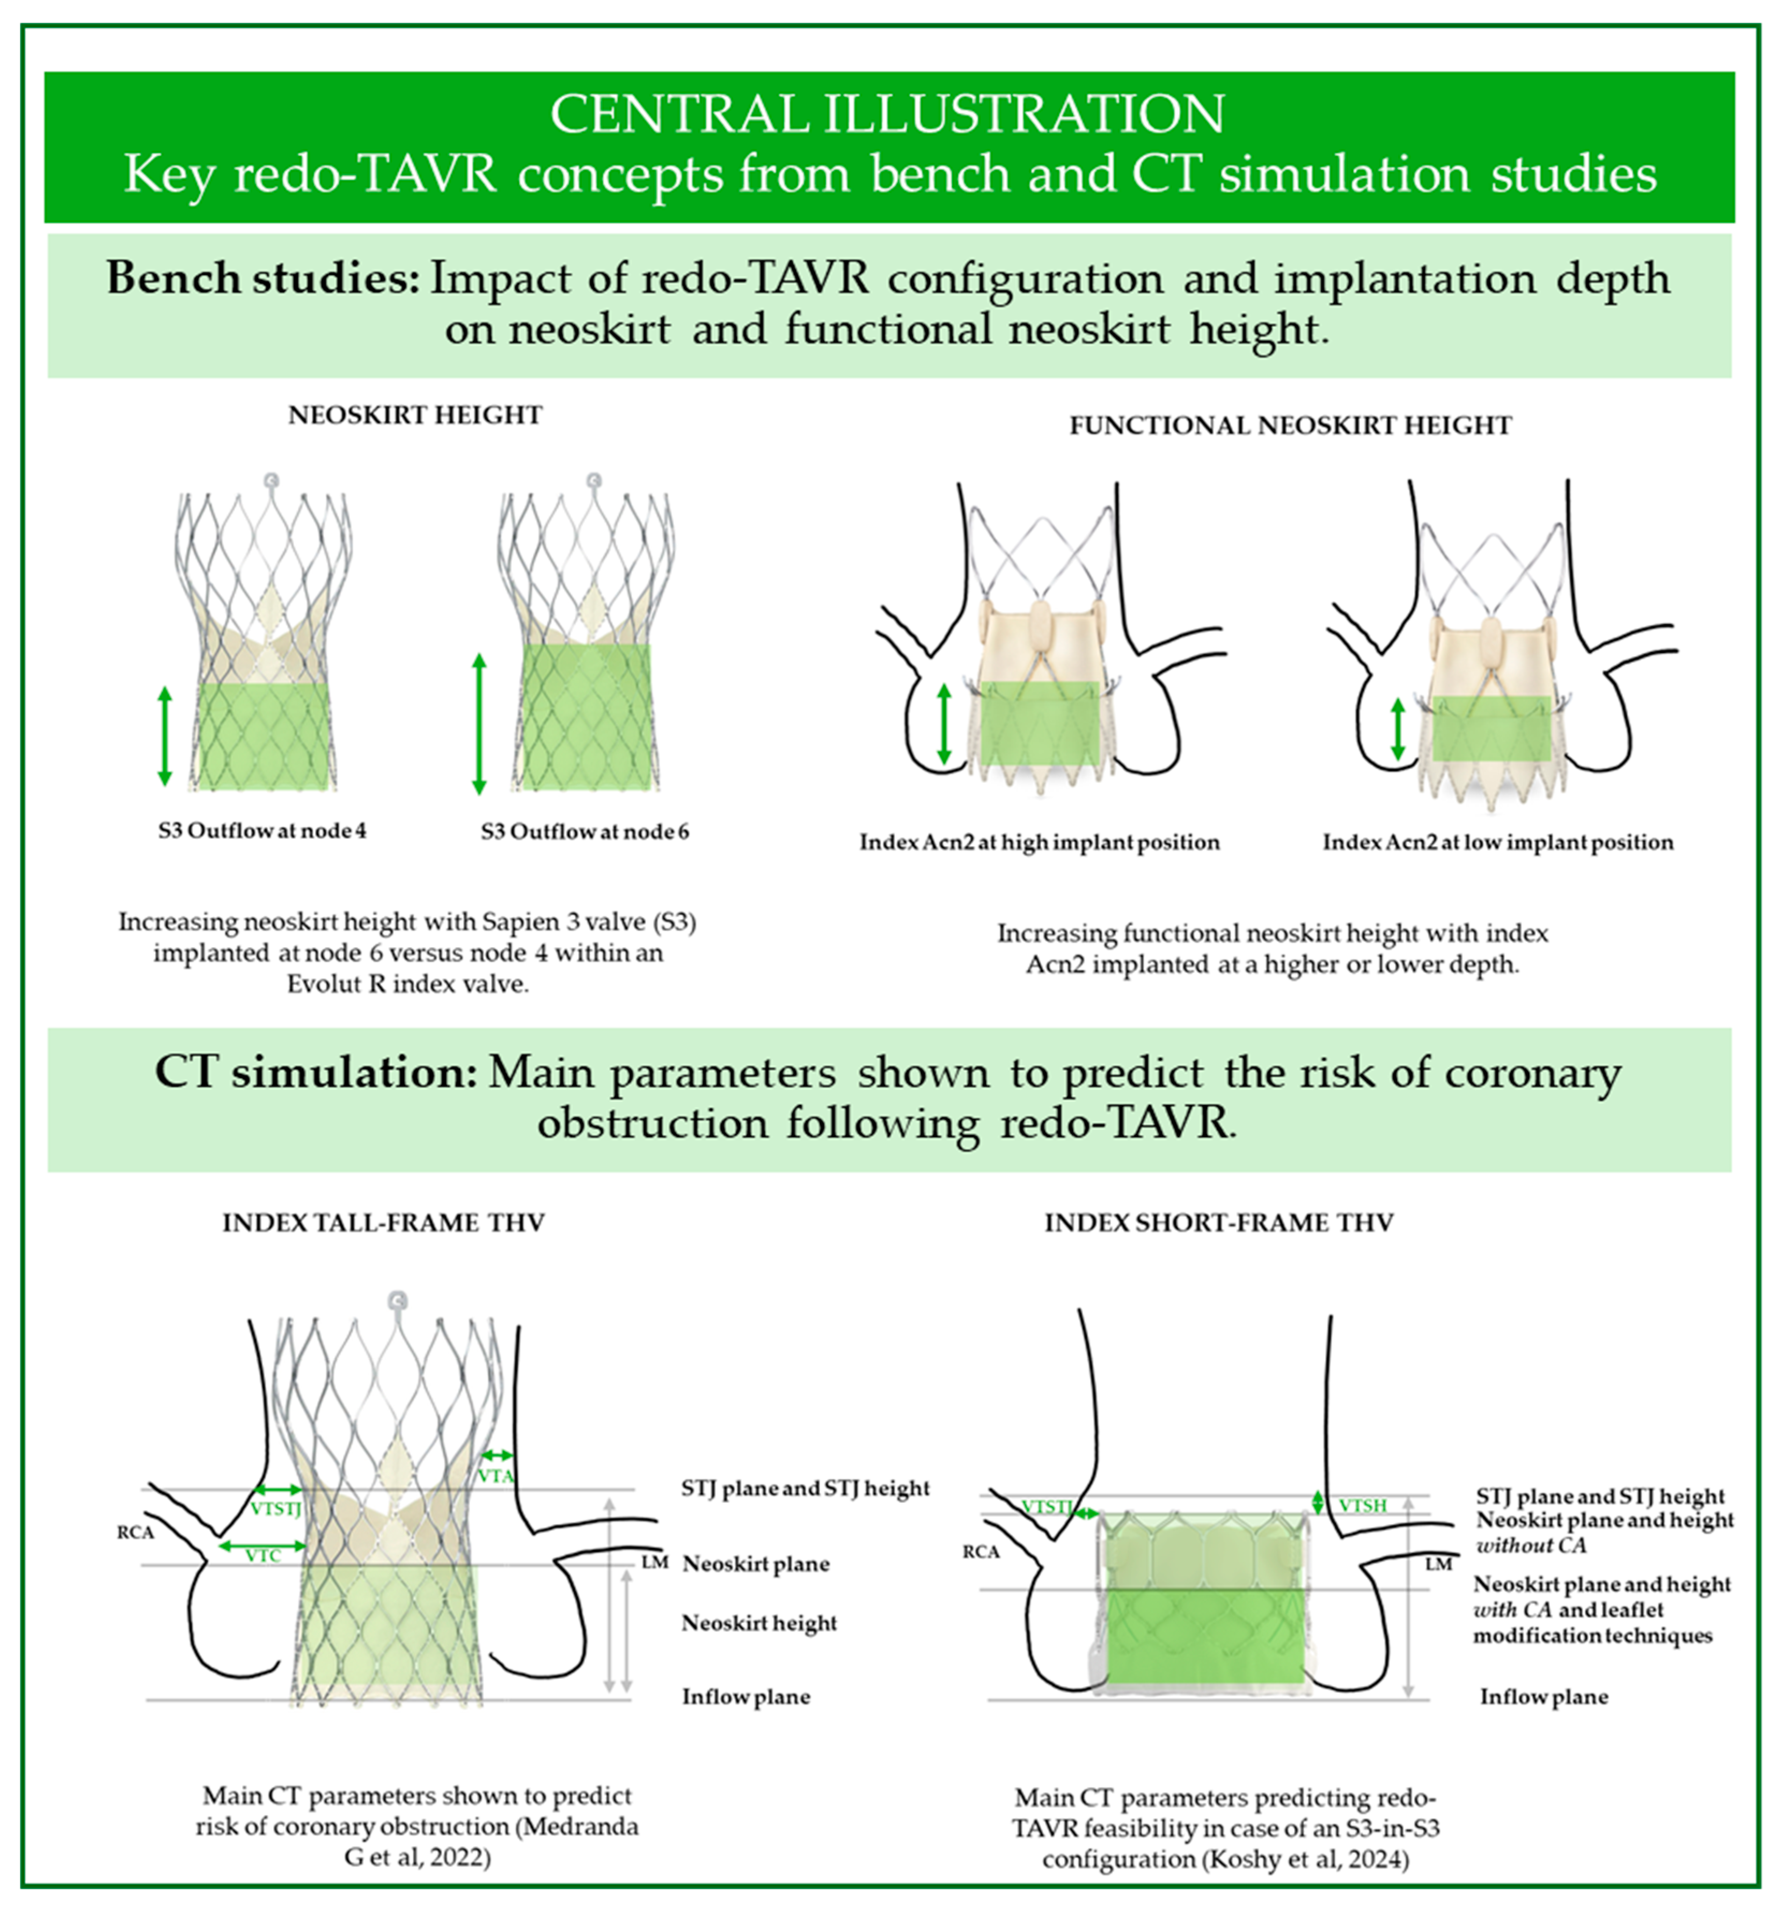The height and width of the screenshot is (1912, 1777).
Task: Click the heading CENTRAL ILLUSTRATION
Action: click(888, 114)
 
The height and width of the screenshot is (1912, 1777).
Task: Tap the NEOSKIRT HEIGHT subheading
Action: click(415, 415)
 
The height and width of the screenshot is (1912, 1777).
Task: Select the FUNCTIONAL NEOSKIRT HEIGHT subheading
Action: click(1290, 426)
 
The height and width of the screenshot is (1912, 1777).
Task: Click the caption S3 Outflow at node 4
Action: click(262, 831)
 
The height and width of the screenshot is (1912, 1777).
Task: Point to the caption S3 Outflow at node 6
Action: click(584, 832)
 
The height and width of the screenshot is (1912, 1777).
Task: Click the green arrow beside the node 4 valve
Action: click(165, 736)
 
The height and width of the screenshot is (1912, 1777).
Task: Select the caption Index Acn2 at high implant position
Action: click(1040, 843)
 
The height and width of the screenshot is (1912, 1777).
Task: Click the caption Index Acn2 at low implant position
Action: click(1498, 843)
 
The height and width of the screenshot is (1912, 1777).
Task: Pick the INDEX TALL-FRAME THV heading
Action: click(384, 1223)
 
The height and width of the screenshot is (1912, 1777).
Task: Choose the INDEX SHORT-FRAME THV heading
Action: click(1219, 1223)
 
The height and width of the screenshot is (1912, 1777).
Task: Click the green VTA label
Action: click(496, 1476)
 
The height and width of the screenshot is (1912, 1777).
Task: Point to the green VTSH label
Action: click(1362, 1505)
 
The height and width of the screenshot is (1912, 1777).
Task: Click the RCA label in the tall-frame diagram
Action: click(136, 1532)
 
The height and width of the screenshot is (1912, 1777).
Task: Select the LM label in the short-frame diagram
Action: click(1438, 1564)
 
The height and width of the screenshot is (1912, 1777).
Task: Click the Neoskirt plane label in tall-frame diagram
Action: click(756, 1564)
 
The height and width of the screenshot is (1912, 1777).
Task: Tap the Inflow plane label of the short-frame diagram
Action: click(1544, 1697)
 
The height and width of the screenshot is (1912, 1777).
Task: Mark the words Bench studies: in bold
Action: click(262, 279)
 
